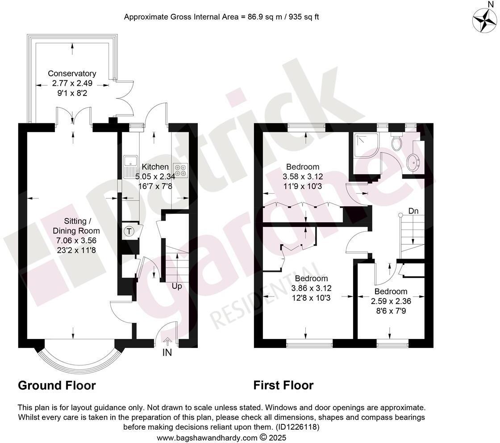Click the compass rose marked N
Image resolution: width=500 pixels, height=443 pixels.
pos(484,21)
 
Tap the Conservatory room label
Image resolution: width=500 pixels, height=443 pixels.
pos(72,73)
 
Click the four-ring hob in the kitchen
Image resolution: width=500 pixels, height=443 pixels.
pos(181,170)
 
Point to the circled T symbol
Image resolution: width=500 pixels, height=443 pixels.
pos(129,231)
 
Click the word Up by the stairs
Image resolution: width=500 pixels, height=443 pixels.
pos(177,286)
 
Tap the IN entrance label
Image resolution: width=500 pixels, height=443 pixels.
pos(167,353)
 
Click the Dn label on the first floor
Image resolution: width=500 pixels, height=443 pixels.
pos(413,210)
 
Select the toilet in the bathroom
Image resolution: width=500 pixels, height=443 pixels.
pos(396,142)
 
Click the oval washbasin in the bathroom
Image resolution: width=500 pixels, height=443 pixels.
pos(413,162)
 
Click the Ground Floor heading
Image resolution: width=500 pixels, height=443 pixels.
pos(57,385)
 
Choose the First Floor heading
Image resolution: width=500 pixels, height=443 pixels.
pos(283,385)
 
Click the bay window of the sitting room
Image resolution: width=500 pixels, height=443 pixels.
pos(80,357)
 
